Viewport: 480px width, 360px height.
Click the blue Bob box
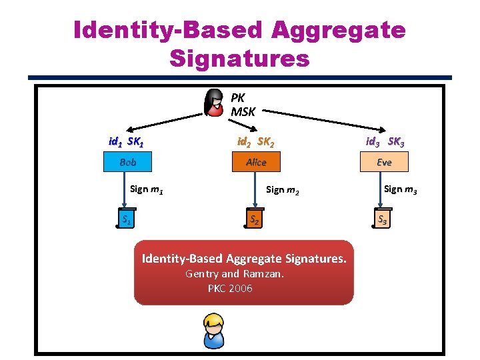[x=127, y=162]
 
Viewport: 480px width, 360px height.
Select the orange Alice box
[x=256, y=162]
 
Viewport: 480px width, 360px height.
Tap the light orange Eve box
[x=384, y=162]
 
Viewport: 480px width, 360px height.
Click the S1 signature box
[x=123, y=219]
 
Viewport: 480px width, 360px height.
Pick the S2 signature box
[x=254, y=219]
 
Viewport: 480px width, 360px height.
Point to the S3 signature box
[x=383, y=219]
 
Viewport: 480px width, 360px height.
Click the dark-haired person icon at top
[x=215, y=102]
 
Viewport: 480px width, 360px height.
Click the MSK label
[x=243, y=112]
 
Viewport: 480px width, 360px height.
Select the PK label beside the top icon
[x=238, y=97]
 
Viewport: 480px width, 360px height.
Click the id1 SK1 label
[x=127, y=141]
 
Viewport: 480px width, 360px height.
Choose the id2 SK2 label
[x=255, y=141]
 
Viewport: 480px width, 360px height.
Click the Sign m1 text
[x=147, y=189]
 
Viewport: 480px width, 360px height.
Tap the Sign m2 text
[x=283, y=190]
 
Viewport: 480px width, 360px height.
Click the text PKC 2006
[x=230, y=289]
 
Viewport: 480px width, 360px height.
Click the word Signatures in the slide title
[x=239, y=58]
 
